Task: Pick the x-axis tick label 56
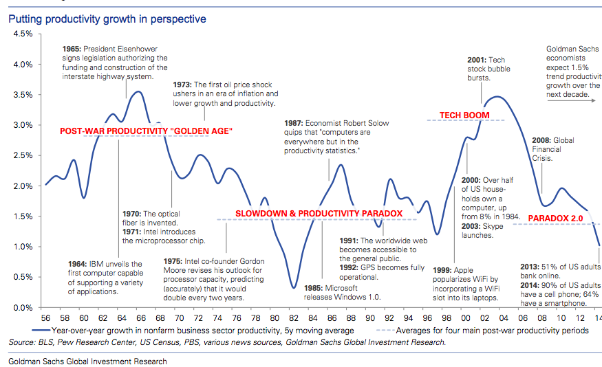(45, 319)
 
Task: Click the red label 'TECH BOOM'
(464, 115)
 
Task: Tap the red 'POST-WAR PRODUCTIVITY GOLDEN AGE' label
(146, 131)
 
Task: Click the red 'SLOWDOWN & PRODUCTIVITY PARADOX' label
(319, 214)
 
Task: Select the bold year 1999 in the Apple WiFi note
(444, 271)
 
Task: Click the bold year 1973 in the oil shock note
(183, 85)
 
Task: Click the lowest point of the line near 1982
(294, 287)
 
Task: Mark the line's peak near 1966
(139, 91)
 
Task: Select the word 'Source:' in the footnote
(23, 342)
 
